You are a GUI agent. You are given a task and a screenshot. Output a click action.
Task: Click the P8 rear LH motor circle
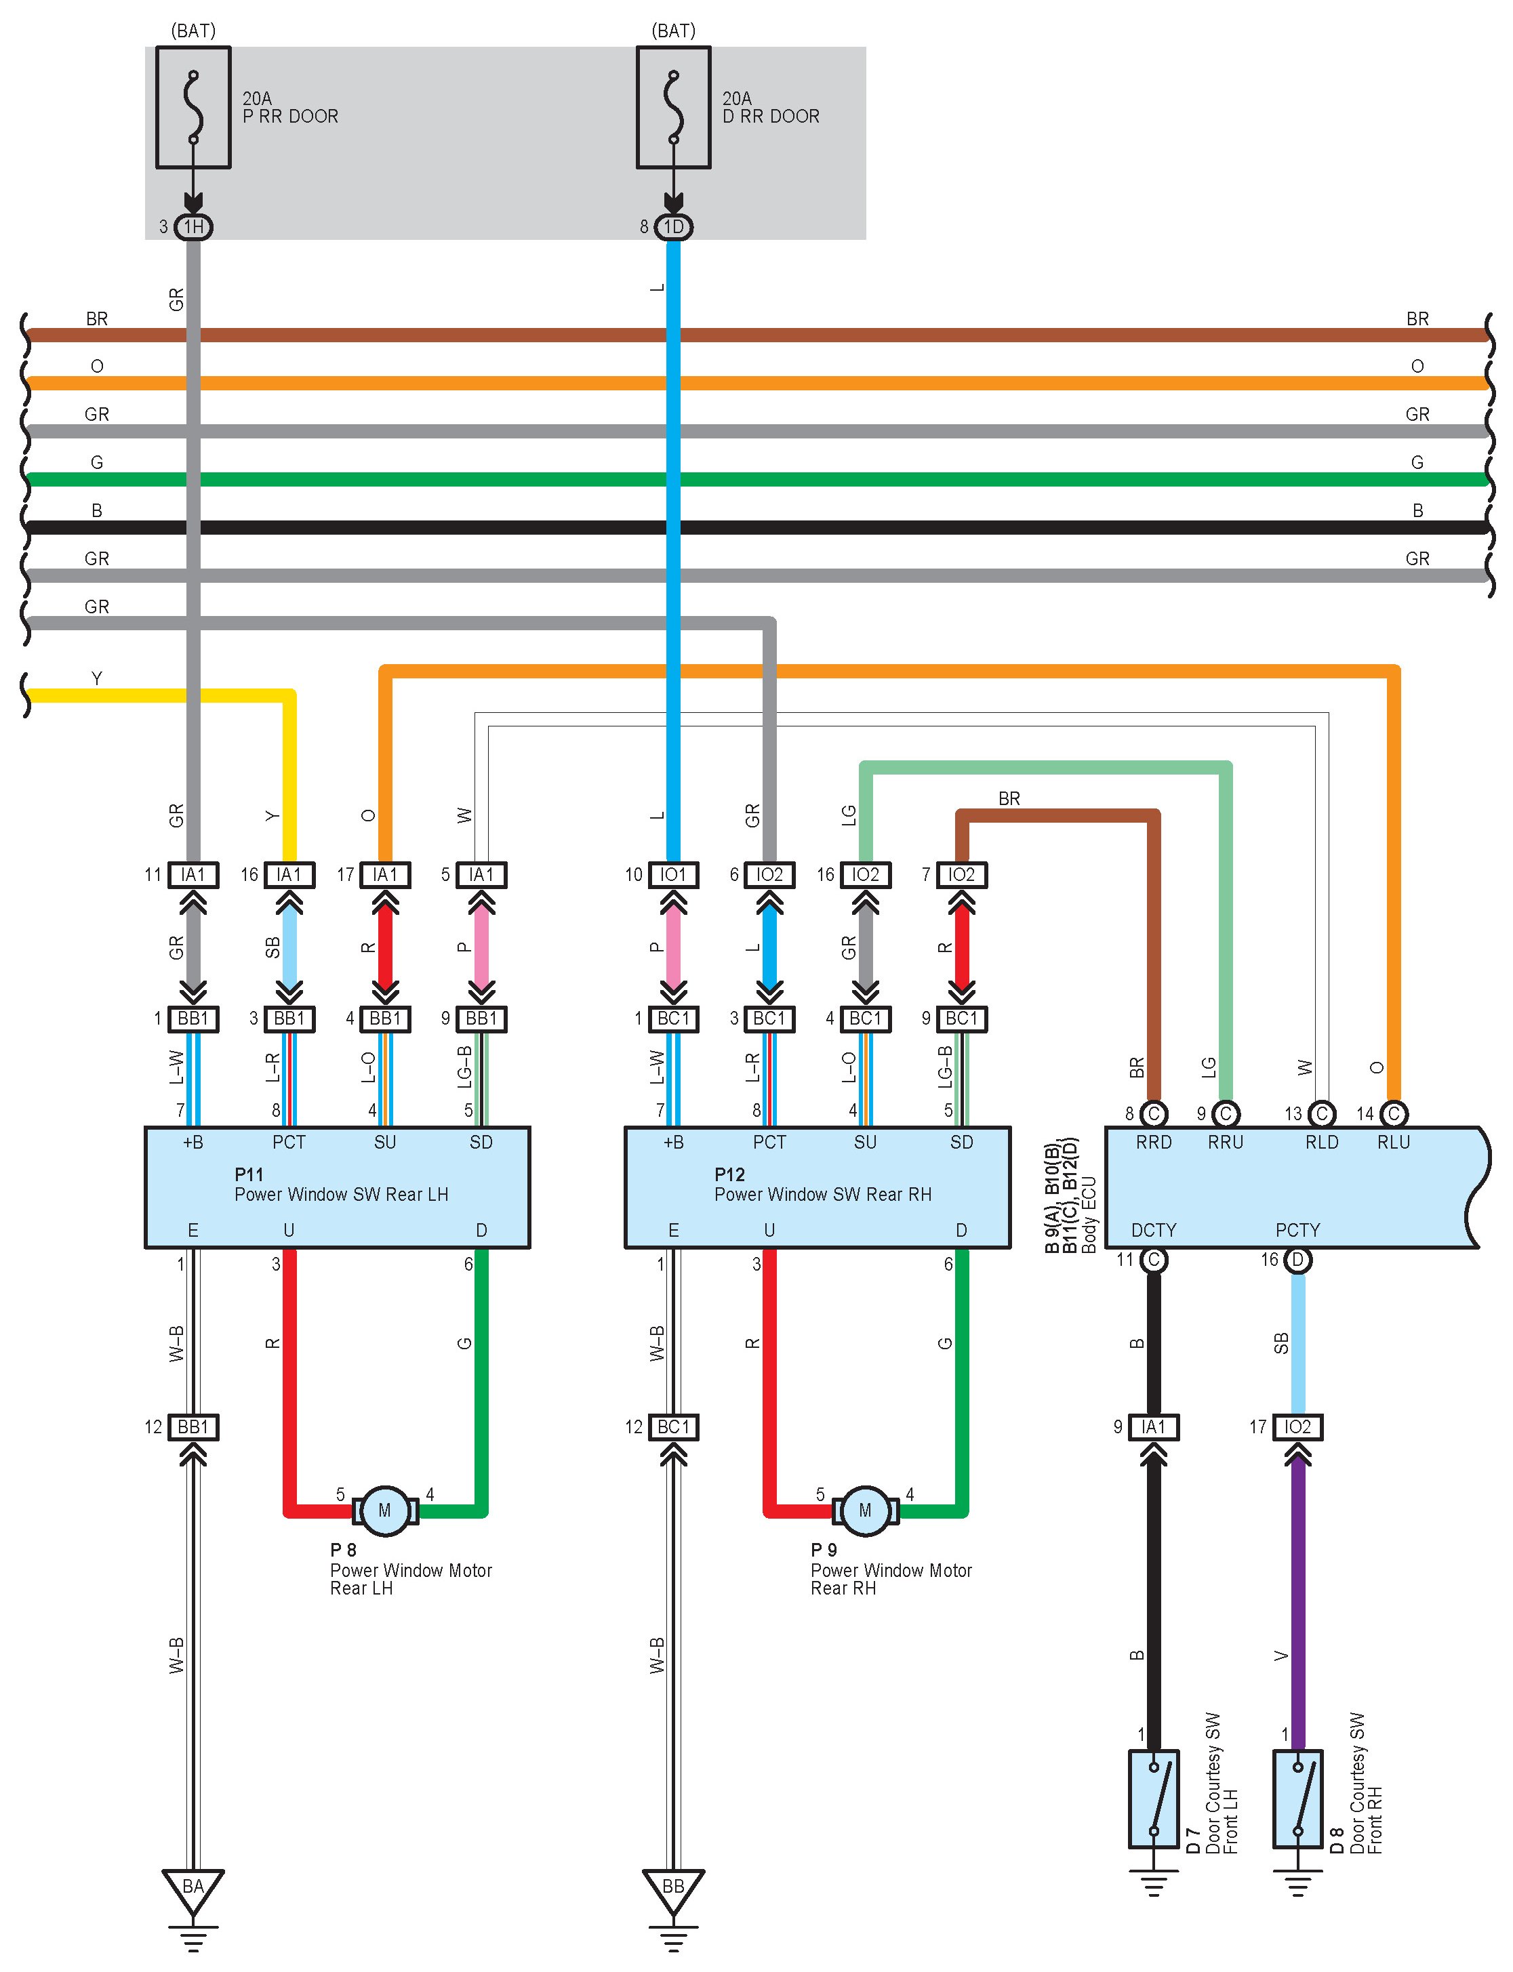click(384, 1510)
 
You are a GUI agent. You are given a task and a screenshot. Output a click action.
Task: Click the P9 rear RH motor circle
click(864, 1510)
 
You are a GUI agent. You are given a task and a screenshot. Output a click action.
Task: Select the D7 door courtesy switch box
click(1154, 1799)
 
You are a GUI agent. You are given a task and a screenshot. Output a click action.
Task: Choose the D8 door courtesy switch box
click(1297, 1799)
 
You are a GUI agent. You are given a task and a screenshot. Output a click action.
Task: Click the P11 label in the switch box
click(249, 1174)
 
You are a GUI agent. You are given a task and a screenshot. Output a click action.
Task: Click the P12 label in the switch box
click(729, 1174)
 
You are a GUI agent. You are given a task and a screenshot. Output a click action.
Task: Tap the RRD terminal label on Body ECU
click(1154, 1142)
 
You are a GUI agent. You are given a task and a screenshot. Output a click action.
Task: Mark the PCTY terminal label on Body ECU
click(1297, 1230)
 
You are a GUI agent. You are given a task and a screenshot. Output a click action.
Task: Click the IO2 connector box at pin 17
click(1297, 1426)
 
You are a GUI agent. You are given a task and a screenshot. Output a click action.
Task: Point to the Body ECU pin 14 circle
click(1393, 1114)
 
